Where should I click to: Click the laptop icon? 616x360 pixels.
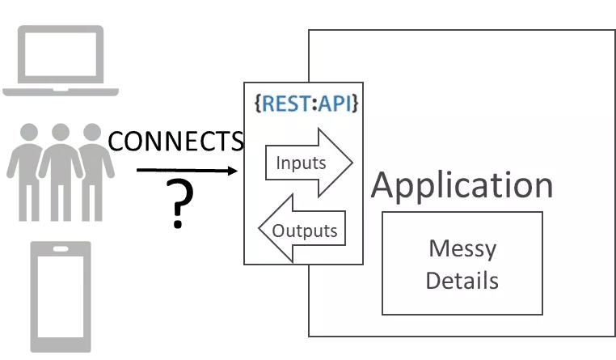61,61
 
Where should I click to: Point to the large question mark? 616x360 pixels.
183,202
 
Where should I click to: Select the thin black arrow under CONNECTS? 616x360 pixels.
187,172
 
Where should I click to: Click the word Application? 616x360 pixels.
462,185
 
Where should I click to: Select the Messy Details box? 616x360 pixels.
462,263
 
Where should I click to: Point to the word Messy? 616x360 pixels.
462,248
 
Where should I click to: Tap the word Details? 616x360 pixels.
462,281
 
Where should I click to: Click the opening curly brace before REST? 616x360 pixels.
258,105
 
